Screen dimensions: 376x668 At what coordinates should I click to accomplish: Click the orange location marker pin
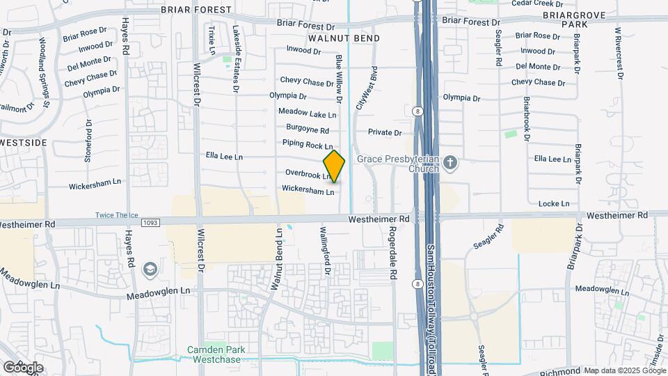pyautogui.click(x=334, y=166)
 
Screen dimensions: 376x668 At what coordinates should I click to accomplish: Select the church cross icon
pyautogui.click(x=450, y=164)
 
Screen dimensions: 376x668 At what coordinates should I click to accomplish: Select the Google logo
pyautogui.click(x=22, y=367)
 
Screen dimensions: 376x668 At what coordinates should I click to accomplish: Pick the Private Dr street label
pyautogui.click(x=385, y=132)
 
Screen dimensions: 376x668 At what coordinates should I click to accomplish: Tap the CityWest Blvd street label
pyautogui.click(x=366, y=88)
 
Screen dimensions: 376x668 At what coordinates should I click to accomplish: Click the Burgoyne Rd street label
pyautogui.click(x=307, y=129)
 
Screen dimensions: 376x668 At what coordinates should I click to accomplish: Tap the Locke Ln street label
pyautogui.click(x=554, y=203)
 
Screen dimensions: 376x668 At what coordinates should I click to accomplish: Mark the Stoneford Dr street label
pyautogui.click(x=88, y=141)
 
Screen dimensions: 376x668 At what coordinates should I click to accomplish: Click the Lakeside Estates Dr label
pyautogui.click(x=236, y=59)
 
